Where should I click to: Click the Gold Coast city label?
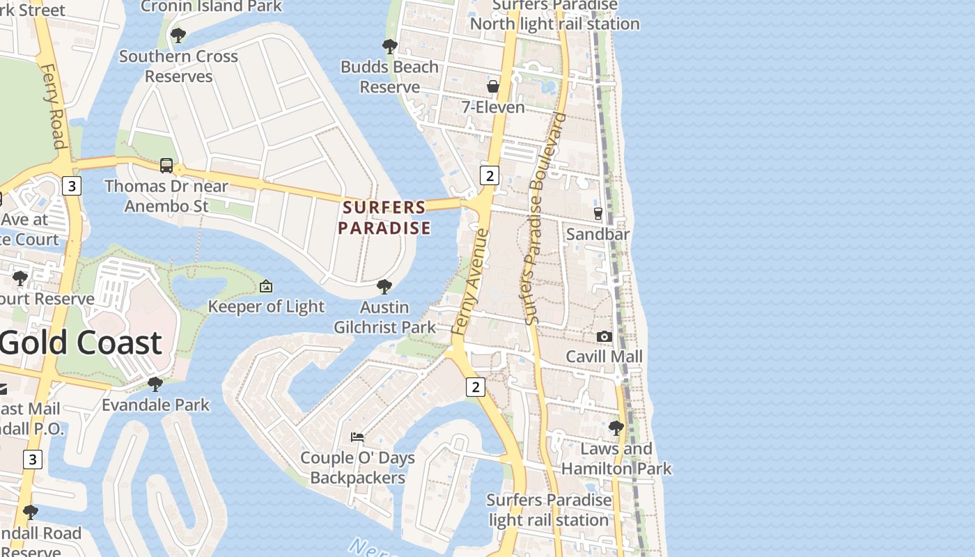pyautogui.click(x=81, y=343)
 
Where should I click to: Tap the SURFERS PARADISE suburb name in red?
pyautogui.click(x=384, y=217)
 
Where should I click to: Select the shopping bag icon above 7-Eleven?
pyautogui.click(x=493, y=86)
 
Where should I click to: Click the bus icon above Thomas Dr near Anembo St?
pyautogui.click(x=166, y=165)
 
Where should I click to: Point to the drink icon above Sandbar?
pyautogui.click(x=598, y=213)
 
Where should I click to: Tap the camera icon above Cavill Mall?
pyautogui.click(x=604, y=336)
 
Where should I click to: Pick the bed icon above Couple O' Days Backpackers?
pyautogui.click(x=357, y=437)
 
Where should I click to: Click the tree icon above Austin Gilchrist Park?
pyautogui.click(x=384, y=286)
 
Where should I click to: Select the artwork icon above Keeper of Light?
pyautogui.click(x=266, y=285)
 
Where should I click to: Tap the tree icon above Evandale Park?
pyautogui.click(x=155, y=384)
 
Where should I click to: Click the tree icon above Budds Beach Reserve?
pyautogui.click(x=390, y=47)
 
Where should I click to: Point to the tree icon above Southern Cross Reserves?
pyautogui.click(x=178, y=35)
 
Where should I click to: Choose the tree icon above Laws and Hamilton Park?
pyautogui.click(x=616, y=427)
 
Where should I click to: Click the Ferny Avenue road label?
pyautogui.click(x=471, y=281)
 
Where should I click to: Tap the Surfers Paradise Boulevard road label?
pyautogui.click(x=545, y=217)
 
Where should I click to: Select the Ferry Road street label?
pyautogui.click(x=54, y=106)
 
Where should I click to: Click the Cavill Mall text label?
pyautogui.click(x=604, y=357)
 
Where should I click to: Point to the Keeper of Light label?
pyautogui.click(x=266, y=306)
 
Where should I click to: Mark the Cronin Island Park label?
pyautogui.click(x=211, y=6)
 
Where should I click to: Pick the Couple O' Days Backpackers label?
pyautogui.click(x=357, y=468)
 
